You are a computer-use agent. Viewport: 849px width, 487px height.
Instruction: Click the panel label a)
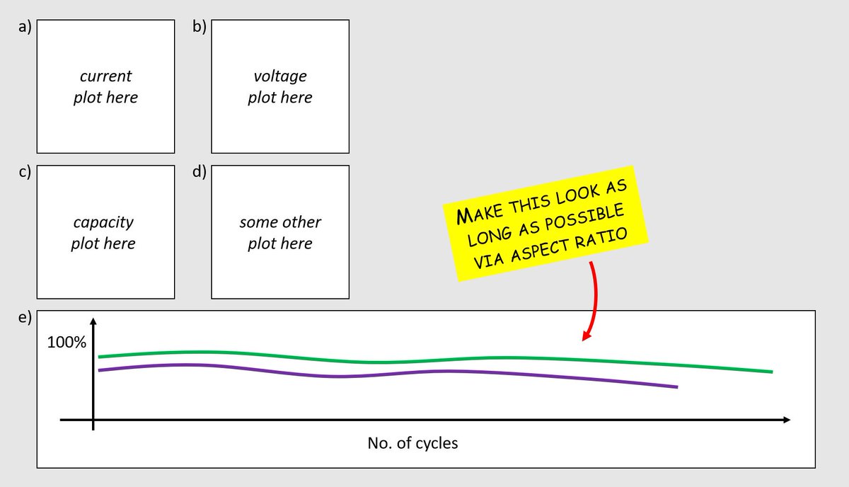24,28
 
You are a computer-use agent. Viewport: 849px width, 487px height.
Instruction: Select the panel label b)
199,28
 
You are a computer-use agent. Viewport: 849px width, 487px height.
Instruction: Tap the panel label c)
24,175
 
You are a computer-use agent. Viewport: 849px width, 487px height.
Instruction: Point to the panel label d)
199,175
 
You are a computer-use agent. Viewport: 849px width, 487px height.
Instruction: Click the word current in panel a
105,76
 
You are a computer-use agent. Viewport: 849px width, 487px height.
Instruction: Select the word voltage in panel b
280,76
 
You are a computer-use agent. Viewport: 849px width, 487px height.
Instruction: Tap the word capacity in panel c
103,222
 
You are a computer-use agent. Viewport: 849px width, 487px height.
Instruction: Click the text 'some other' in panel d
280,222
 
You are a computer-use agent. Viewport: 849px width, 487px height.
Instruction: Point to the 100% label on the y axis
67,343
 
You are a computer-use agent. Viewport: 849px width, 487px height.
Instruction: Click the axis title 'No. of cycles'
412,444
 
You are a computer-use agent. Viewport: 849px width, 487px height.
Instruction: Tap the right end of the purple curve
676,386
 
